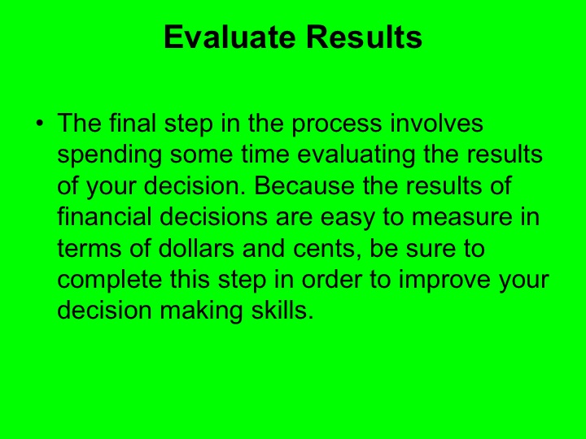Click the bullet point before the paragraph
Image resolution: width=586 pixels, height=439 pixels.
pos(38,124)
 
